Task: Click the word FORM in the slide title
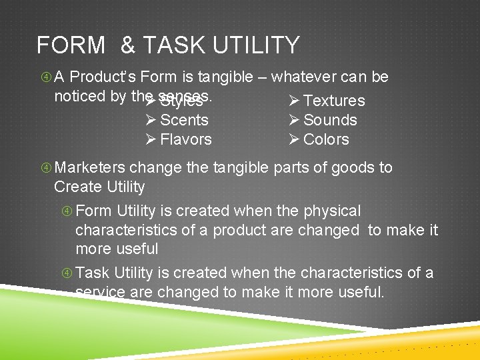71,45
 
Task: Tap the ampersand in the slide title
128,45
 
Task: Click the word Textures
334,101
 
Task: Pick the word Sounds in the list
330,120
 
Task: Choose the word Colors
326,139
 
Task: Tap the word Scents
184,120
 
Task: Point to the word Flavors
186,139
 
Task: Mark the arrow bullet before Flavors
151,139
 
